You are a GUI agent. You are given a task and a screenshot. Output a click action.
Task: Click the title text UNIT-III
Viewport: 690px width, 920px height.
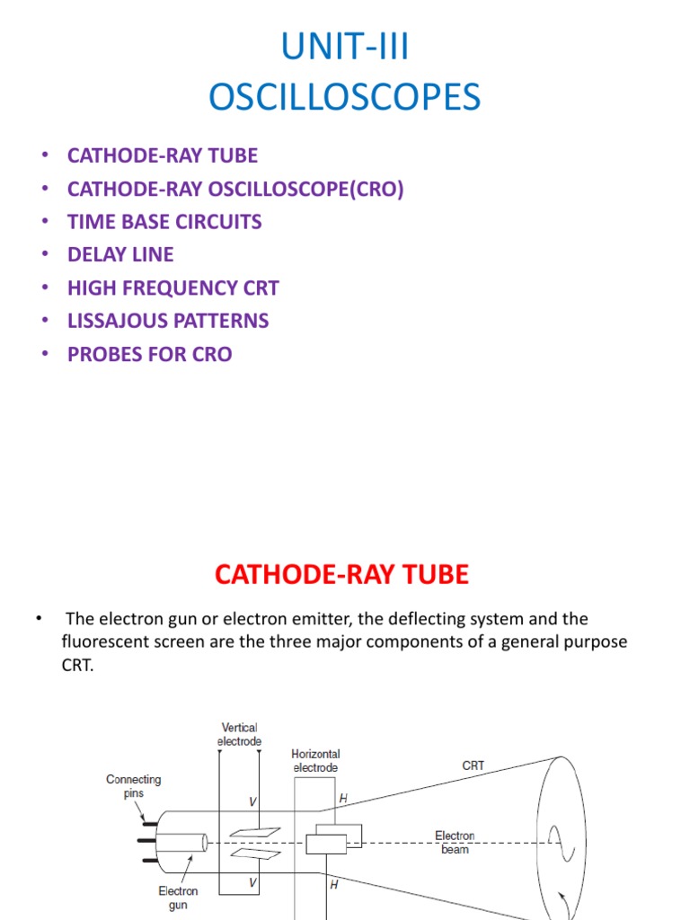pos(345,49)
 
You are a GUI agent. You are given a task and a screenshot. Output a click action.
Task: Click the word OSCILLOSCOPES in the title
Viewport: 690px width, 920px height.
pos(345,97)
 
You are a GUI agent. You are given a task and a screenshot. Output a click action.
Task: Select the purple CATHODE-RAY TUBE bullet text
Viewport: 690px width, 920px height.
pos(163,155)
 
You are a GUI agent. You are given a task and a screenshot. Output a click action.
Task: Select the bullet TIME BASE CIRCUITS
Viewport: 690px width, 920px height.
pos(164,222)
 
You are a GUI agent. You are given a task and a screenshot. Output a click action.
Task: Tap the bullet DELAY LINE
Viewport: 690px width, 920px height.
pos(120,255)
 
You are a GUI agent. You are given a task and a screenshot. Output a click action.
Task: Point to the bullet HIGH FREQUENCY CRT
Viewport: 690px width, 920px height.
pos(173,288)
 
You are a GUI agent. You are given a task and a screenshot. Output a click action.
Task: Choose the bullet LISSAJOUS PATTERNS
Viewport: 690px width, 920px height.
pos(168,321)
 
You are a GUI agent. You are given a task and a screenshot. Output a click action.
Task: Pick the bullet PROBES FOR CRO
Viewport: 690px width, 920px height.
pos(150,354)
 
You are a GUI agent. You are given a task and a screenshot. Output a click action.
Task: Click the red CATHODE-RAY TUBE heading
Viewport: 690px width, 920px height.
pos(342,575)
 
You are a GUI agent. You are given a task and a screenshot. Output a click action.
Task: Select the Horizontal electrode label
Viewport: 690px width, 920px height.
pos(315,761)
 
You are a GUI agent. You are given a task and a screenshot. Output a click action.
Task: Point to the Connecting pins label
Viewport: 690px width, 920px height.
pos(134,786)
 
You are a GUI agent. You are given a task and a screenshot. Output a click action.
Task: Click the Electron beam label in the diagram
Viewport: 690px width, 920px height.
pos(456,842)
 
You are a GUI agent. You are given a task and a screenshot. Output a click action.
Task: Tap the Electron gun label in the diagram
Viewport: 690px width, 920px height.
pos(178,898)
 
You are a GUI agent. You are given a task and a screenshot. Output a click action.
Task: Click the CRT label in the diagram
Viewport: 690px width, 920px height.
pos(473,766)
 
